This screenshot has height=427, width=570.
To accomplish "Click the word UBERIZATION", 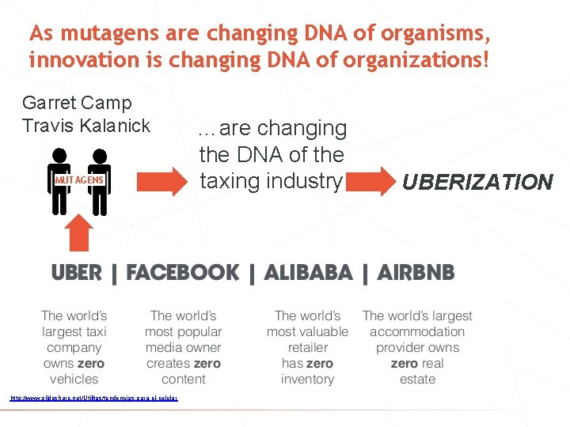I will point(477,183).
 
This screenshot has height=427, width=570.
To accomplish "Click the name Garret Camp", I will point(77,103).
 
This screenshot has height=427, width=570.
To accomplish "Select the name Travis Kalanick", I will point(86,125).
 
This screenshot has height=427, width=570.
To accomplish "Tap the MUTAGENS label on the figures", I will point(79,179).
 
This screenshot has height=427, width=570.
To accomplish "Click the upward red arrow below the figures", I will point(78,233).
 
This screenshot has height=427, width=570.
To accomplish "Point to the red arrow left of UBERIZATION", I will point(369,181).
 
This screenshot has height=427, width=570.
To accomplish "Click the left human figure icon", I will point(59,182).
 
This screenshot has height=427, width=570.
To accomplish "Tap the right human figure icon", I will point(99,182).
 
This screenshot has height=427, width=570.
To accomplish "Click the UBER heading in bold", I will point(76,274).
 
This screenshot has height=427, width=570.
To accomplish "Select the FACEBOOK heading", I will point(182,274).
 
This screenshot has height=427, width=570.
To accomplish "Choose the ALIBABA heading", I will point(308,274).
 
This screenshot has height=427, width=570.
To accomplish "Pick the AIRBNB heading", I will point(416,274).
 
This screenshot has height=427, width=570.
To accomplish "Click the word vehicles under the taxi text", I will point(74,380).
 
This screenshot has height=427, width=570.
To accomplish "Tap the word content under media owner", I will point(183,380).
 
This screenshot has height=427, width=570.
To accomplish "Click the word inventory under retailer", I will point(307,380).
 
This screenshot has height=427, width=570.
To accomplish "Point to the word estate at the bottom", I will point(417,380).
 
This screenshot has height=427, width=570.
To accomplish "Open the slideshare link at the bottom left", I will point(93,398).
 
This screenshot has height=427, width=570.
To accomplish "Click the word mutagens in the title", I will point(102,35).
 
